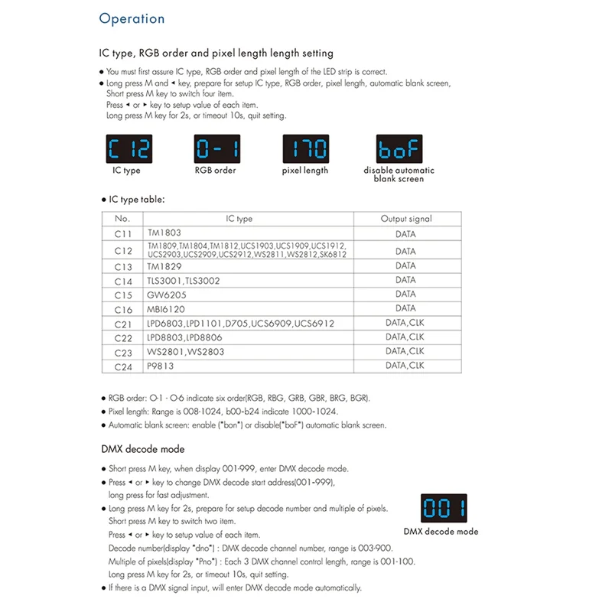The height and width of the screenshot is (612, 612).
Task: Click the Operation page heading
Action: click(x=132, y=18)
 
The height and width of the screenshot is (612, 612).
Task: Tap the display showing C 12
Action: click(x=128, y=148)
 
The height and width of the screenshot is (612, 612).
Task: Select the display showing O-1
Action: click(x=217, y=148)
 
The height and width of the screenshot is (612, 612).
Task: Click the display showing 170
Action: click(x=305, y=148)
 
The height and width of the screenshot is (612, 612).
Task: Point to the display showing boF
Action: click(x=399, y=148)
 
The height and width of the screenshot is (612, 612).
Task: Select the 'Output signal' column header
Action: click(x=406, y=219)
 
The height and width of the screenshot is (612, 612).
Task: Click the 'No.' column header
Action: click(x=122, y=219)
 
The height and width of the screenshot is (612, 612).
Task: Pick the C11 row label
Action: click(x=122, y=234)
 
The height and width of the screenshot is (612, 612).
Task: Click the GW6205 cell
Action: click(x=167, y=295)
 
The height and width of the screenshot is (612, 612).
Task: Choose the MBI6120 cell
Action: click(x=167, y=309)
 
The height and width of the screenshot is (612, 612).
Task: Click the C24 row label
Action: click(x=122, y=366)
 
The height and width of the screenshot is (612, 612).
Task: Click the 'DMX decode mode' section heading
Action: click(x=143, y=449)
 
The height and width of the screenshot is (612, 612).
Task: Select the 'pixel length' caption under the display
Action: click(x=305, y=171)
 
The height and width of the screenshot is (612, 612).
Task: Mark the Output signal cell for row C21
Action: click(x=406, y=323)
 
